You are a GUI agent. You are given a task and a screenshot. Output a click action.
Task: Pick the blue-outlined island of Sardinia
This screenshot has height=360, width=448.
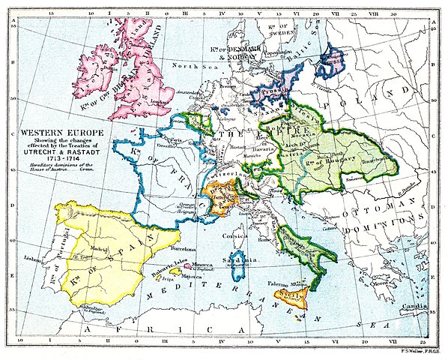tap(238, 262)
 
